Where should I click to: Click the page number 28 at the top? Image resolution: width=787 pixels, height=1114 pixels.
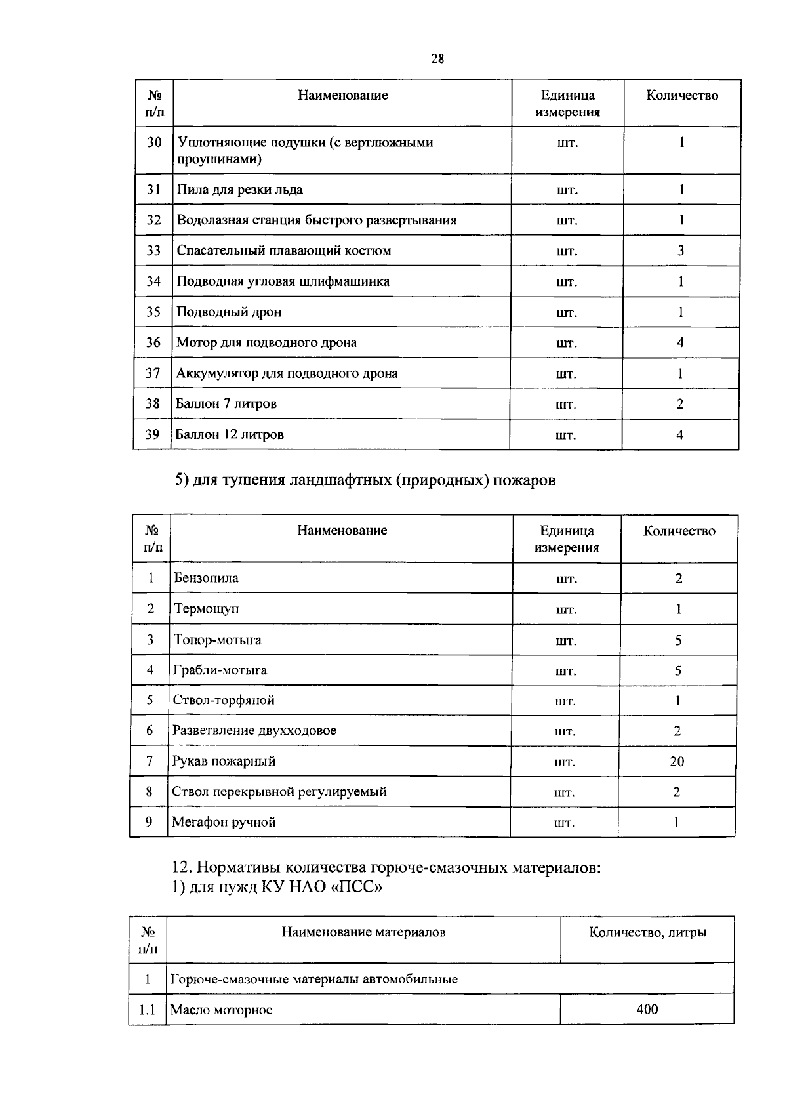click(437, 59)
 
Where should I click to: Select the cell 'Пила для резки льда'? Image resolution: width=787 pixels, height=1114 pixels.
click(240, 190)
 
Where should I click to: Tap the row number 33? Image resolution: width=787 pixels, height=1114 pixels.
click(153, 250)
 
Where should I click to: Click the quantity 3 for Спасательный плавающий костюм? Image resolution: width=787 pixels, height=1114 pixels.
click(681, 250)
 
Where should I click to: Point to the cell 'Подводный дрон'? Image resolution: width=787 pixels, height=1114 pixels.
click(229, 312)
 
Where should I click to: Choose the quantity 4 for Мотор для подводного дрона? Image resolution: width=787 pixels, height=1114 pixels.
click(680, 342)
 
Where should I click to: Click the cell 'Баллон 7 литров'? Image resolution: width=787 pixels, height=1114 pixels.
click(226, 403)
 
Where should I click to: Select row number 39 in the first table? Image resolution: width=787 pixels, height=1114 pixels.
click(152, 434)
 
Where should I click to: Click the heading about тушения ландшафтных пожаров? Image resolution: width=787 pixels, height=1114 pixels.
click(365, 480)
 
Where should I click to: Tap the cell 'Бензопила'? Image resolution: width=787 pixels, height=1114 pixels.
click(206, 578)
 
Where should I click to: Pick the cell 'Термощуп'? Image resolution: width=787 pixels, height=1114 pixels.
click(206, 608)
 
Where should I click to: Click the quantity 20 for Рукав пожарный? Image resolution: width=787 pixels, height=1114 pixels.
click(677, 761)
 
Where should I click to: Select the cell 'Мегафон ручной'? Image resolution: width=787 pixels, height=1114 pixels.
click(224, 822)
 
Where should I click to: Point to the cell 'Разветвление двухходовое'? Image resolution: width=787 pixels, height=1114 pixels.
click(254, 730)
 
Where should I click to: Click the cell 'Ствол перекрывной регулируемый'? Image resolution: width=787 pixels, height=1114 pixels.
click(279, 791)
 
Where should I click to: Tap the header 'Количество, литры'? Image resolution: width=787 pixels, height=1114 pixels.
click(647, 932)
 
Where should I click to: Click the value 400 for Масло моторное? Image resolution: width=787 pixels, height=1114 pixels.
click(647, 1009)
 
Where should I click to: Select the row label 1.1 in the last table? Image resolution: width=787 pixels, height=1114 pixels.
click(147, 1010)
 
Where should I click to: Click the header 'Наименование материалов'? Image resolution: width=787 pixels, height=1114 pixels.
click(363, 932)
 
